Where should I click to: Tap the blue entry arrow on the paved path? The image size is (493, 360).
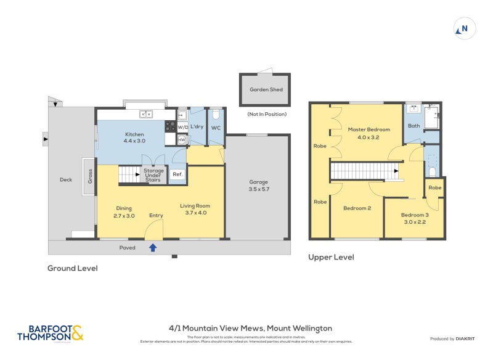[153, 247]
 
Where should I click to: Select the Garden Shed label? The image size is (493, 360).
[266, 89]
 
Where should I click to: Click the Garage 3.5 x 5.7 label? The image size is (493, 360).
[258, 186]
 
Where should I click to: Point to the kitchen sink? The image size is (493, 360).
[146, 113]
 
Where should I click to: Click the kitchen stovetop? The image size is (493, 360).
[170, 126]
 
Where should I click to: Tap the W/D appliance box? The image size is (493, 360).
[182, 127]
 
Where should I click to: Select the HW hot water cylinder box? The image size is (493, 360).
[182, 140]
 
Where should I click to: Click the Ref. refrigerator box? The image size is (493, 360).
[177, 174]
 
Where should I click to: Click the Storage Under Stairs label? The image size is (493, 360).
[153, 175]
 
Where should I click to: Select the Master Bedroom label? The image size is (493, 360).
[369, 133]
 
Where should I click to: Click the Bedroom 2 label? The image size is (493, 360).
[357, 208]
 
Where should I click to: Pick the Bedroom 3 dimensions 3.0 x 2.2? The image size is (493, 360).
[415, 222]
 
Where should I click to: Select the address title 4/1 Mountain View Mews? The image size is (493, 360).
[251, 329]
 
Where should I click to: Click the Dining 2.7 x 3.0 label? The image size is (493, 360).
[124, 212]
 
